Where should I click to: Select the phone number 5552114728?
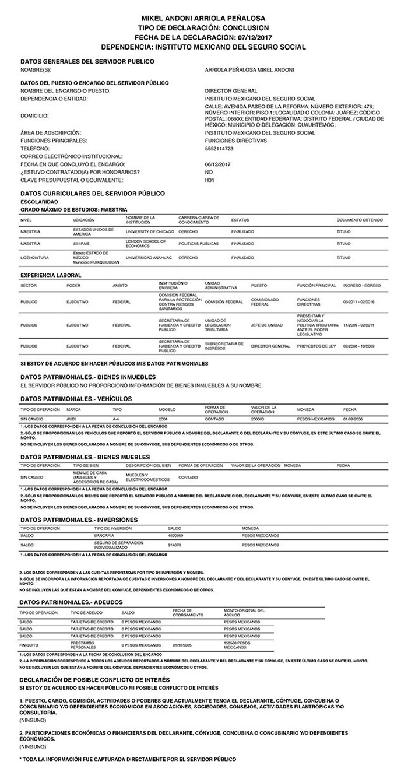[x=219, y=149]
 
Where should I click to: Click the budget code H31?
[x=209, y=181]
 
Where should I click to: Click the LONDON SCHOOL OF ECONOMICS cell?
[x=146, y=243]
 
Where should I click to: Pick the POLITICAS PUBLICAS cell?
[x=198, y=243]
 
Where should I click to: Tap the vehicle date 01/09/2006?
[x=353, y=419]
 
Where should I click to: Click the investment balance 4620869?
[x=175, y=535]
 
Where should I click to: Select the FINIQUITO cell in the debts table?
[x=29, y=645]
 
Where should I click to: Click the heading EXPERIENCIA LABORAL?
[x=51, y=274]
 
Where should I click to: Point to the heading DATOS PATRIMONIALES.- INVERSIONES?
[x=79, y=520]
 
